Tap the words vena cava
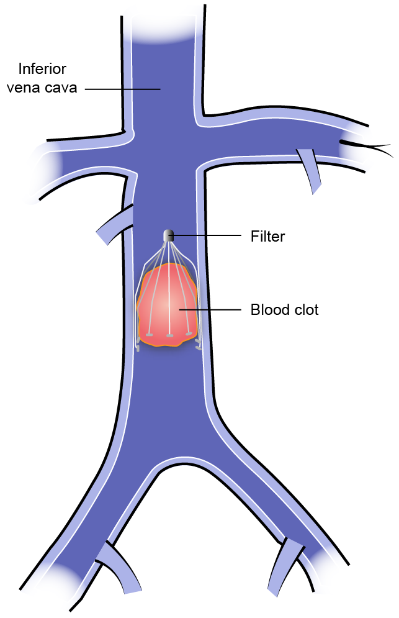pos(42,88)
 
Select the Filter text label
pos(267,236)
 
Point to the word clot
pos(305,309)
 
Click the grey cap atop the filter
pos(168,235)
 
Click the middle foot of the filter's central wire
pos(169,336)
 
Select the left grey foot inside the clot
pos(150,335)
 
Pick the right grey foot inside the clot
pos(189,334)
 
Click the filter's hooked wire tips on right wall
pos(198,342)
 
